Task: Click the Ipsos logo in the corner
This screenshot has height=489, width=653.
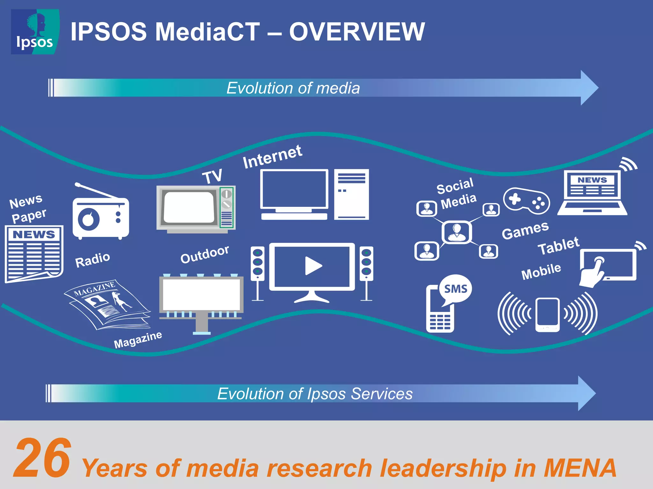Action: (35, 32)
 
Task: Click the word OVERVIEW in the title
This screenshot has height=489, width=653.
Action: (357, 32)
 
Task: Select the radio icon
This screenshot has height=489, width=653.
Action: (100, 216)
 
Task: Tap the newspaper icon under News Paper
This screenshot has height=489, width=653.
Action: (34, 253)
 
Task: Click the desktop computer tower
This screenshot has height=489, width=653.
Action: (351, 194)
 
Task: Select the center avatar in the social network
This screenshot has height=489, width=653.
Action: (457, 232)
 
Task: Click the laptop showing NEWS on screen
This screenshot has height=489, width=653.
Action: (592, 193)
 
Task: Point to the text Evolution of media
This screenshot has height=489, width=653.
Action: (293, 88)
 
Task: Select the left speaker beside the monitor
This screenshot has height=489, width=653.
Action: (258, 272)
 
